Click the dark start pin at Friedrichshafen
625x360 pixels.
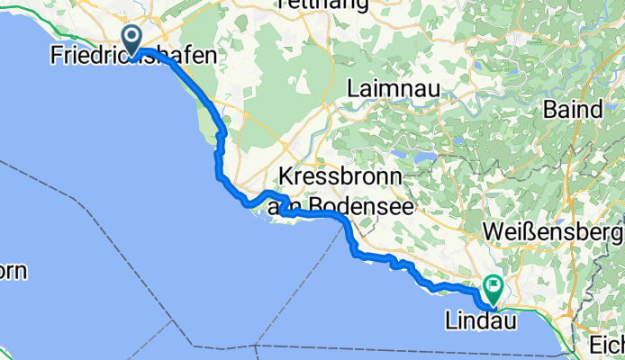[x=131, y=39]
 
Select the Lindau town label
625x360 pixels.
[x=481, y=320]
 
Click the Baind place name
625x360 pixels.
[x=574, y=109]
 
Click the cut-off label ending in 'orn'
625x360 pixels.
[x=14, y=270]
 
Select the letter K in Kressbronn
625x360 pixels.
[x=286, y=175]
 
